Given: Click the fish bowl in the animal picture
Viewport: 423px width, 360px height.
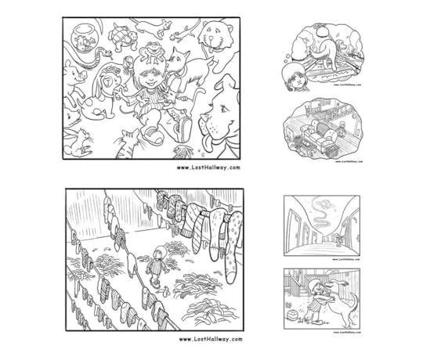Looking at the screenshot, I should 81,36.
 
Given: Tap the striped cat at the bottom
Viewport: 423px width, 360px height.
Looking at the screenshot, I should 127,146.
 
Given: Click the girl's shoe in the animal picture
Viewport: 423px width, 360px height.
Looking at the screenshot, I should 152,139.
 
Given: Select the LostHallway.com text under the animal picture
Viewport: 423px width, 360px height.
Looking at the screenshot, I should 208,167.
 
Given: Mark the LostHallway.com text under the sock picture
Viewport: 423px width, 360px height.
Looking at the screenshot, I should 210,340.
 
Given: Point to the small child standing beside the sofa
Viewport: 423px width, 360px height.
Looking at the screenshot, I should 342,128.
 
